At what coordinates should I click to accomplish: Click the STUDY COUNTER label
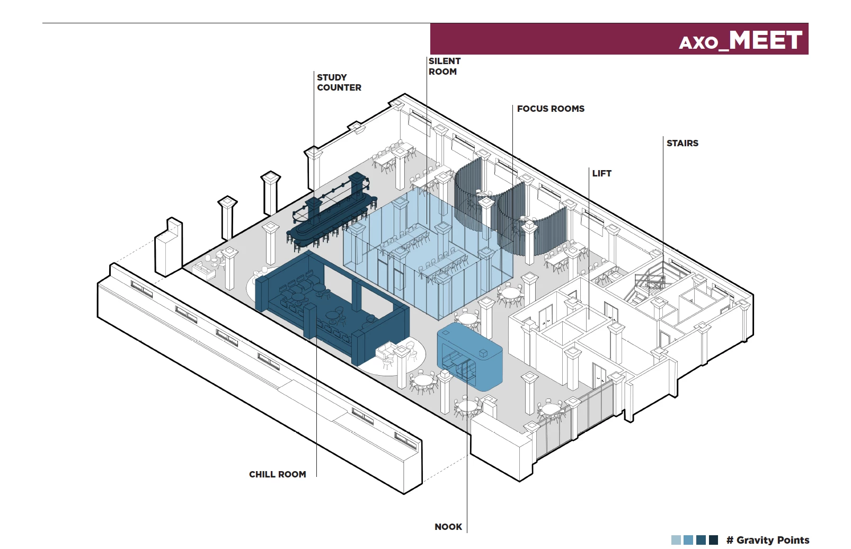(339, 83)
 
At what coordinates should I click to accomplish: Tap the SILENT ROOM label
(444, 66)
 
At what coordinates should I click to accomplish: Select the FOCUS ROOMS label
(551, 109)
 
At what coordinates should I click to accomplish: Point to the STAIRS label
(682, 143)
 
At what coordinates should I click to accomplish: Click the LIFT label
(601, 173)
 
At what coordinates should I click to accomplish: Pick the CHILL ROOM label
(277, 474)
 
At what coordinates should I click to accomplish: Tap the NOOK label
(448, 527)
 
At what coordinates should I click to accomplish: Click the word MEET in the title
(765, 40)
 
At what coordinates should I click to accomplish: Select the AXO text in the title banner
(698, 42)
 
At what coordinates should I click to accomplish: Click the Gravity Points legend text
(773, 540)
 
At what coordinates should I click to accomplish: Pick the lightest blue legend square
(676, 540)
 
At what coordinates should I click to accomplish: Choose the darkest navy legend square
(713, 540)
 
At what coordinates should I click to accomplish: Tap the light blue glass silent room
(424, 249)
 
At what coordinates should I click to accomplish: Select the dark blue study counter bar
(331, 212)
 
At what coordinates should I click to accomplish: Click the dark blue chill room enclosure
(329, 307)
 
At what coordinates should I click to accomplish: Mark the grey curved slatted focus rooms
(509, 207)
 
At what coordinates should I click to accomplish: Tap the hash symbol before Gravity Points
(730, 540)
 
